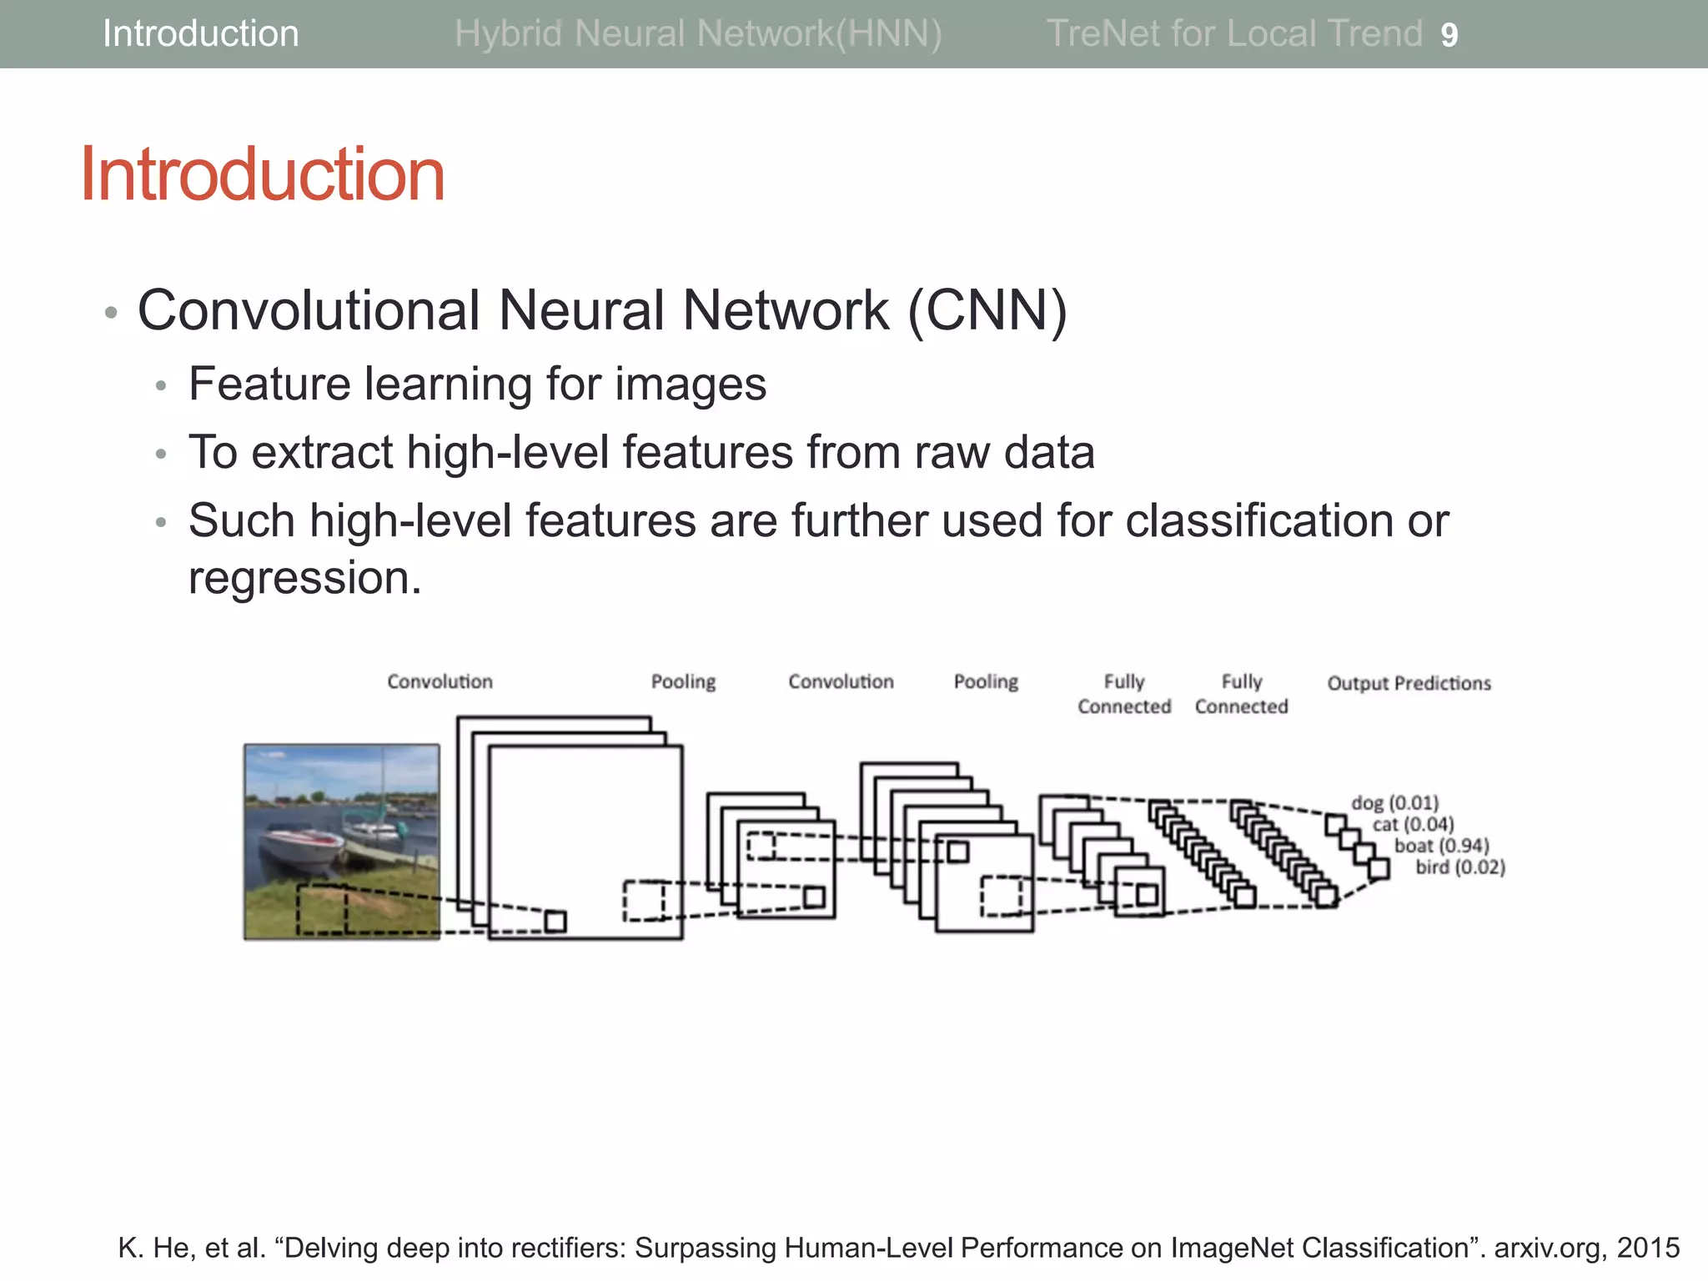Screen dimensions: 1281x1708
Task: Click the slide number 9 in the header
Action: coord(1449,35)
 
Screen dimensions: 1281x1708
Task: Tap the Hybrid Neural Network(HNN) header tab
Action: coord(698,34)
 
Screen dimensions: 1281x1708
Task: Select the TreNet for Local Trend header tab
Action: coord(1234,34)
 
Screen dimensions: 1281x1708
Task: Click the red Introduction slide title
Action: coord(263,174)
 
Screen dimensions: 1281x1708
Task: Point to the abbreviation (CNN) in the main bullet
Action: coord(987,311)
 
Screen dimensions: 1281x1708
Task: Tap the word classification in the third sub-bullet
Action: coord(1258,521)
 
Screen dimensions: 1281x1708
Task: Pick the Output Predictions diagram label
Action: coord(1409,684)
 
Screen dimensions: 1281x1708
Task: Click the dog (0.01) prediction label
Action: coord(1395,803)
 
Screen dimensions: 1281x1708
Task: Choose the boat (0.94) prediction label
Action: coord(1442,846)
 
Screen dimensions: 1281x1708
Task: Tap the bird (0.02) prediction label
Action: coord(1460,867)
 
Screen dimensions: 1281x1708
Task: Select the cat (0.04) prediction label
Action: coord(1414,825)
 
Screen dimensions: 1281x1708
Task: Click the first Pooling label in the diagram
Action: coord(683,682)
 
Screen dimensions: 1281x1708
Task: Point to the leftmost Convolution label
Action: coord(440,682)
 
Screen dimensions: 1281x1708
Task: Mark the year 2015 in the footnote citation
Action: coord(1648,1248)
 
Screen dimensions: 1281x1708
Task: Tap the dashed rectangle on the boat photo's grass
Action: coord(323,908)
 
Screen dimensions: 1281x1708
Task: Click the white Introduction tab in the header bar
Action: coord(200,34)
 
